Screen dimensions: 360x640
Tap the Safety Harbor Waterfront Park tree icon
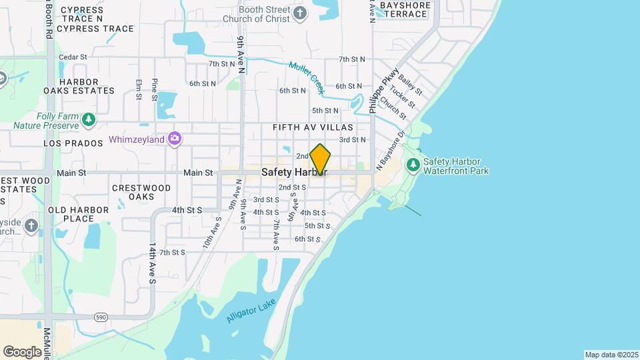[x=413, y=164]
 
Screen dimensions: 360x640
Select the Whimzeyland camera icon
[x=175, y=139]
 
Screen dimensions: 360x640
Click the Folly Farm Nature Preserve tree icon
[x=89, y=120]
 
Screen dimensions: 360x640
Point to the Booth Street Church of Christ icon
[x=301, y=12]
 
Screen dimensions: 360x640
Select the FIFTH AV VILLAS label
[x=312, y=127]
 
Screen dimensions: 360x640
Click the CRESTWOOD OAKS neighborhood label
[x=142, y=192]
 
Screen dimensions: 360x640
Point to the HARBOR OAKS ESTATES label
[x=79, y=86]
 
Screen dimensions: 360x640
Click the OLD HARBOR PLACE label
[x=79, y=214]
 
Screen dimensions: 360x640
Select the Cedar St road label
[x=73, y=57]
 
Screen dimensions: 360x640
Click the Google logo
[x=22, y=351]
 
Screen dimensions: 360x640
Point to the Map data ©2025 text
[x=611, y=355]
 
